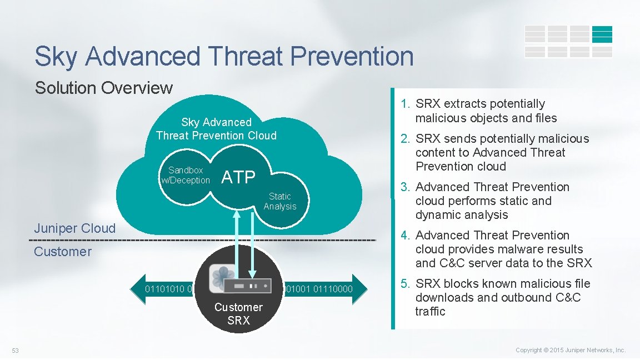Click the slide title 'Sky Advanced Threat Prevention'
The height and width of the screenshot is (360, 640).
click(x=224, y=57)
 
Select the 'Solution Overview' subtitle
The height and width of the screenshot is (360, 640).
click(x=104, y=88)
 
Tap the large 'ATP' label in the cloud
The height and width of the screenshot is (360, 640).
click(x=238, y=177)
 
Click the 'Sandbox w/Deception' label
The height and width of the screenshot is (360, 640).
click(x=186, y=175)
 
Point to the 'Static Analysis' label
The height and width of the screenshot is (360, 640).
click(x=280, y=201)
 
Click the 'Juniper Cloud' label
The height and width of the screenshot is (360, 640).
click(x=75, y=228)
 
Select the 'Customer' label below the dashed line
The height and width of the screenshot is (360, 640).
click(x=63, y=252)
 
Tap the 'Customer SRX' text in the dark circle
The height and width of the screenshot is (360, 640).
click(x=238, y=314)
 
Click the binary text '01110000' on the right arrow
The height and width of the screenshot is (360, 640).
click(x=333, y=289)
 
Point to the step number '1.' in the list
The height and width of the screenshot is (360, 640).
click(x=405, y=104)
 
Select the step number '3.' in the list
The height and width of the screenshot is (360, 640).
click(x=405, y=187)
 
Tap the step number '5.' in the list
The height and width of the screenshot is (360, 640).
click(x=405, y=284)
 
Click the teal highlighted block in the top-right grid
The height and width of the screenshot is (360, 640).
click(x=602, y=34)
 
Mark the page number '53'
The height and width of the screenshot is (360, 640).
click(x=16, y=350)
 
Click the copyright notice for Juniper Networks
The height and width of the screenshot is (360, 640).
click(x=571, y=350)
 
